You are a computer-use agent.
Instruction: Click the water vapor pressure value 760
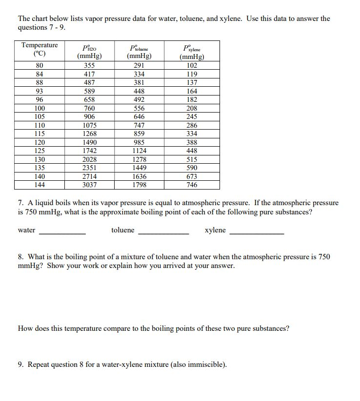tap(89, 108)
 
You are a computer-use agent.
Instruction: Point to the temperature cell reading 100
tap(40, 108)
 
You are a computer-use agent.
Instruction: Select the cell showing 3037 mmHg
tap(89, 185)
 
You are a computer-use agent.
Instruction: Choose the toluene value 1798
tap(140, 185)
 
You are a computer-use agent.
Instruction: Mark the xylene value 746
tap(192, 185)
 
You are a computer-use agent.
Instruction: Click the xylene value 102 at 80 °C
tap(192, 65)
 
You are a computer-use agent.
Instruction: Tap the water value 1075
tap(89, 125)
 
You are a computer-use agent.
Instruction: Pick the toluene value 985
tap(140, 142)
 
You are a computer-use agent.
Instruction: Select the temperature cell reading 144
tap(40, 185)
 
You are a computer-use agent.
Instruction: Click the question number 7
tap(20, 203)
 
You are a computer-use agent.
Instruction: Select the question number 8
tap(20, 257)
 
